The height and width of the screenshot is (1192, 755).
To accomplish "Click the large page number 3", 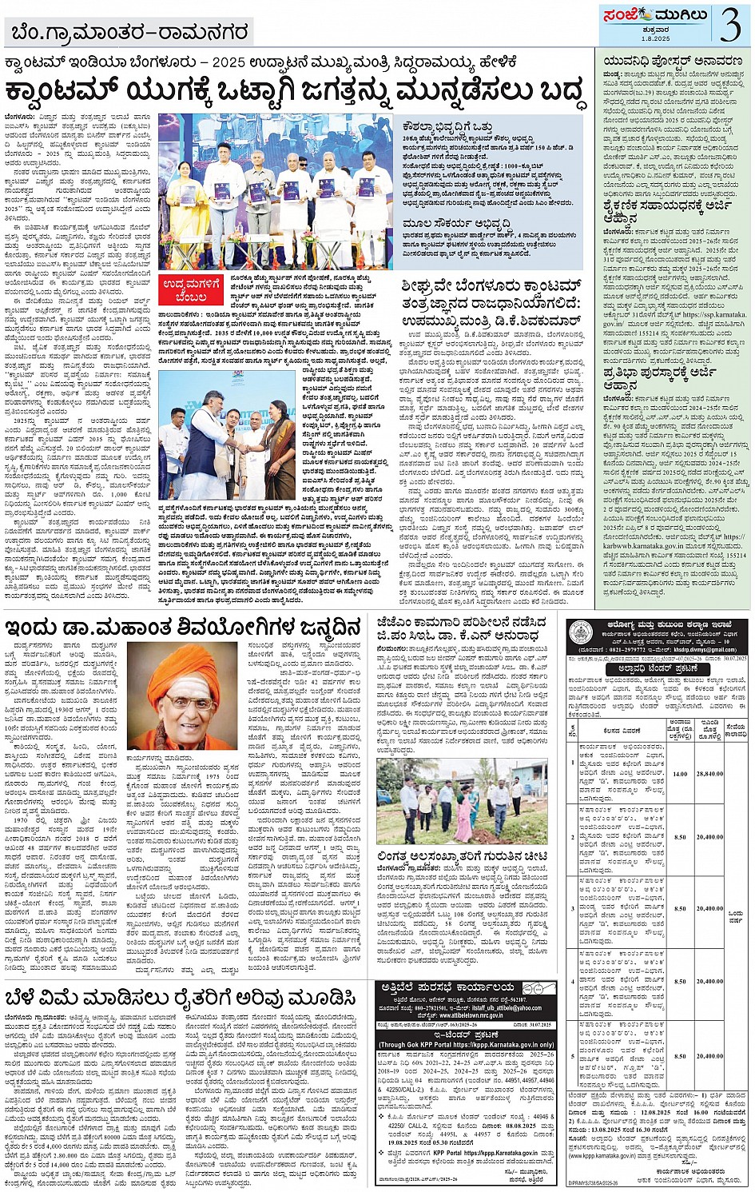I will click(x=729, y=25).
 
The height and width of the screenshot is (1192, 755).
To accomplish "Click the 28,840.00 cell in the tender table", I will click(x=709, y=774).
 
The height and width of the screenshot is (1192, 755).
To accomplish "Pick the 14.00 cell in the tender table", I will click(x=679, y=774).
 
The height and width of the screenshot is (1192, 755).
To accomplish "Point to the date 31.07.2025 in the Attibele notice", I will click(x=541, y=1024).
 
